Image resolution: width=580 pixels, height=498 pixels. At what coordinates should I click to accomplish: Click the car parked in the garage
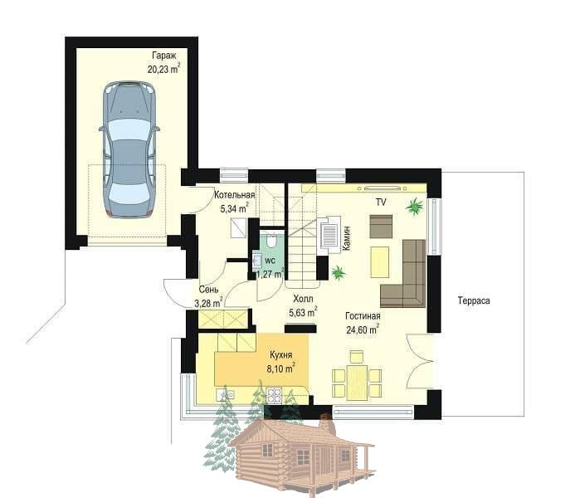tap(129, 149)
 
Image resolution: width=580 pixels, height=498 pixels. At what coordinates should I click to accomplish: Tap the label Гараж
tap(164, 56)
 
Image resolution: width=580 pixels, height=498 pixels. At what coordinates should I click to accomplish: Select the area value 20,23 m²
tap(163, 69)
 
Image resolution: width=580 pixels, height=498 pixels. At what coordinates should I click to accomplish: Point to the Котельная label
tap(235, 195)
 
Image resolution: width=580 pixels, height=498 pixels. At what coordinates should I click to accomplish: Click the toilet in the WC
tap(271, 241)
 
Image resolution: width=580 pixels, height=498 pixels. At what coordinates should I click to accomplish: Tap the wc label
tap(271, 261)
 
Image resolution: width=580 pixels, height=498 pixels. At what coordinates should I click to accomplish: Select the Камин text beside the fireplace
tap(347, 238)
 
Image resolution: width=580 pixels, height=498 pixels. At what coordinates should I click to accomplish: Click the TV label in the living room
tap(381, 203)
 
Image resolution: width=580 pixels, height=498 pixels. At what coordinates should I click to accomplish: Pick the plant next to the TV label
tap(415, 207)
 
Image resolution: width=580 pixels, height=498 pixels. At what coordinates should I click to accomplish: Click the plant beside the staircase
tap(338, 273)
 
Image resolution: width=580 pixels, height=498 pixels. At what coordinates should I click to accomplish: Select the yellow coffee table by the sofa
tap(380, 262)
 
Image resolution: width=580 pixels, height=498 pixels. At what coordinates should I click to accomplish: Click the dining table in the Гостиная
tap(357, 383)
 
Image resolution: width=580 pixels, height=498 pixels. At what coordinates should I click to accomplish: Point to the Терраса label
tap(474, 300)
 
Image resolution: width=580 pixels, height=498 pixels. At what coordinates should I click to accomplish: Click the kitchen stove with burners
tap(274, 395)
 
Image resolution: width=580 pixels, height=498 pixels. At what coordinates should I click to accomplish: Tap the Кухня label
tap(281, 355)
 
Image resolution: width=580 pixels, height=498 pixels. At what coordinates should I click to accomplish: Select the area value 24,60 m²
tap(363, 330)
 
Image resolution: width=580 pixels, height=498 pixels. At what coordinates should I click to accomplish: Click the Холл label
tap(303, 299)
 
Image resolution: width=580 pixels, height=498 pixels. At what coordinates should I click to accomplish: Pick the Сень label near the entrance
tap(208, 290)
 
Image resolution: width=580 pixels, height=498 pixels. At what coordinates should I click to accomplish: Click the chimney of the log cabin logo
tap(326, 425)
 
